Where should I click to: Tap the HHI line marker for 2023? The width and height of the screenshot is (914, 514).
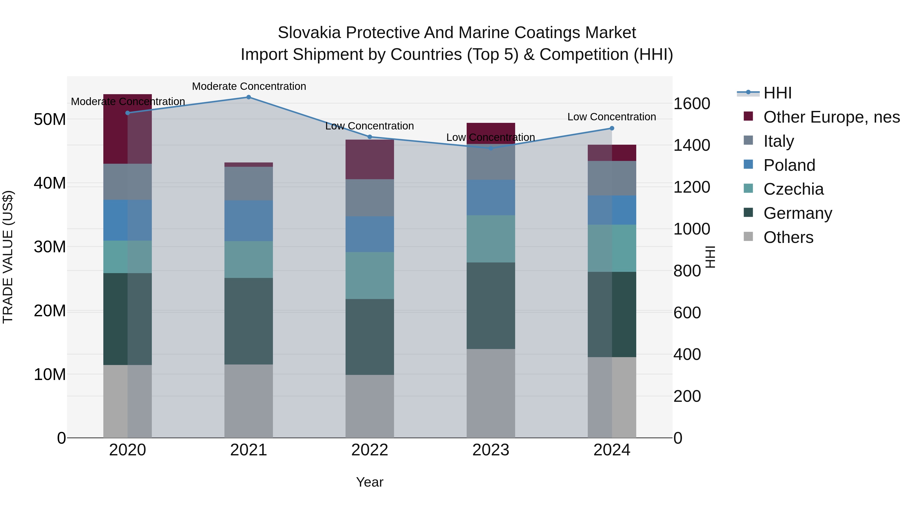(x=491, y=148)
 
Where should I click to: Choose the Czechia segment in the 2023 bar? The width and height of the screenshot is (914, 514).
(x=491, y=239)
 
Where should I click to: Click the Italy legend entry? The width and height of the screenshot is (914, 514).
(x=778, y=141)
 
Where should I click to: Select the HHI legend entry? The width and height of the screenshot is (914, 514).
(x=777, y=93)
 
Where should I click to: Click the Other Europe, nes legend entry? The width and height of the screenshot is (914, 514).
(x=831, y=117)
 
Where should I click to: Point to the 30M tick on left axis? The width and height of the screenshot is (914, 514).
(x=50, y=247)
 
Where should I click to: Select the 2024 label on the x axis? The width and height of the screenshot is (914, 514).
(x=612, y=450)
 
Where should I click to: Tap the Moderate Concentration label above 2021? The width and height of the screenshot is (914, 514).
(x=249, y=86)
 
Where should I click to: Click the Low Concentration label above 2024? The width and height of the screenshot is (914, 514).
(x=611, y=117)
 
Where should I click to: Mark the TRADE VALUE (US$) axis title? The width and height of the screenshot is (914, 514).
(x=8, y=257)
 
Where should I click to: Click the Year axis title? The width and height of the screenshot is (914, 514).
(x=369, y=482)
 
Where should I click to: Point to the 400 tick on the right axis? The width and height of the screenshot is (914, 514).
(x=687, y=354)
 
